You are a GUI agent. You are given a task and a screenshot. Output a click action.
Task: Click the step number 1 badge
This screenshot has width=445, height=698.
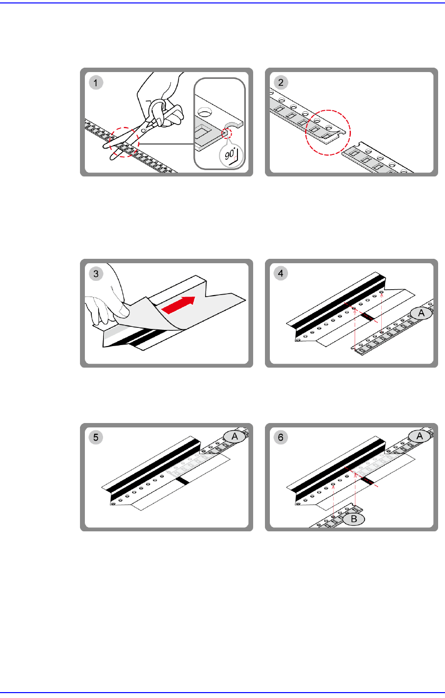[96, 82]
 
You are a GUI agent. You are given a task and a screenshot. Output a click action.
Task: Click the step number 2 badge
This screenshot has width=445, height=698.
[281, 82]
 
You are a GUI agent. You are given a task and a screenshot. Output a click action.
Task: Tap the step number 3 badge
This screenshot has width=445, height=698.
[96, 274]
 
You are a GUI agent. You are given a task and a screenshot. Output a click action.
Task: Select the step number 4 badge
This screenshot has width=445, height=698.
[281, 274]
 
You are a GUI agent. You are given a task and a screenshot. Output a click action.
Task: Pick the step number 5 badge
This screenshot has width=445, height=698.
[96, 437]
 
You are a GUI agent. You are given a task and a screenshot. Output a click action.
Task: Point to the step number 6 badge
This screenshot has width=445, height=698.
[281, 437]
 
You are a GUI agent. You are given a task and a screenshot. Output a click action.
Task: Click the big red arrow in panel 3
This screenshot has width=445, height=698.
[179, 305]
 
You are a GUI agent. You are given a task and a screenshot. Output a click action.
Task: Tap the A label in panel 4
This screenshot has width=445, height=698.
[421, 313]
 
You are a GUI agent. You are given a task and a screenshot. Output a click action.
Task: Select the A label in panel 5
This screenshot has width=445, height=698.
[235, 437]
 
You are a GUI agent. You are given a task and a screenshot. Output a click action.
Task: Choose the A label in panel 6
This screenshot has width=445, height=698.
[419, 436]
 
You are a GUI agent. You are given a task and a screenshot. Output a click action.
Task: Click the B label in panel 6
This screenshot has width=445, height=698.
[354, 519]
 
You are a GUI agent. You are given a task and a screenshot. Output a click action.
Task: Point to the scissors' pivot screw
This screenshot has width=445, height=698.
[143, 130]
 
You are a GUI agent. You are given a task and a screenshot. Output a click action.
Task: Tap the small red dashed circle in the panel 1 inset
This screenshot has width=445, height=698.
[227, 133]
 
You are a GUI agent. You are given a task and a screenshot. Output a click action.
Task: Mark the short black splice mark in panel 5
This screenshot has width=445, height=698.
[182, 481]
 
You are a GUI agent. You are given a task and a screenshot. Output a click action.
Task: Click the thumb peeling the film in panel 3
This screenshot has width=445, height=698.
[122, 309]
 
